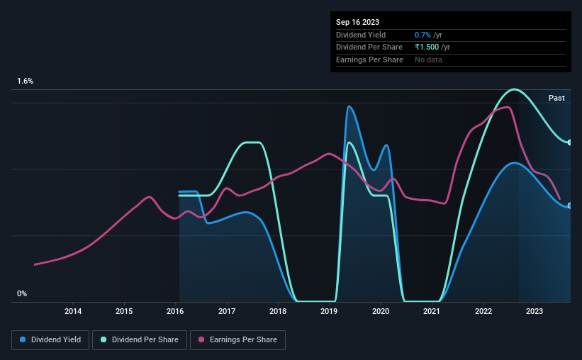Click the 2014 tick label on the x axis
click(73, 311)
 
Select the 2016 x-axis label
click(176, 311)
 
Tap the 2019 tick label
click(329, 311)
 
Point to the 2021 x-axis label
click(432, 311)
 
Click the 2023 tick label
click(535, 311)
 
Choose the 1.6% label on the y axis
click(26, 81)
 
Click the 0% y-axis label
click(22, 293)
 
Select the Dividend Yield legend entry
click(50, 340)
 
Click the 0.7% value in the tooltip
click(422, 35)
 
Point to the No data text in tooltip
click(429, 60)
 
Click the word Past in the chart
click(556, 98)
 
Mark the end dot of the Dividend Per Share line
click(570, 142)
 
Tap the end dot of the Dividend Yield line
click(570, 206)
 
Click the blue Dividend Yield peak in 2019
click(349, 106)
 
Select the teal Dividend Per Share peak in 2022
click(515, 89)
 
